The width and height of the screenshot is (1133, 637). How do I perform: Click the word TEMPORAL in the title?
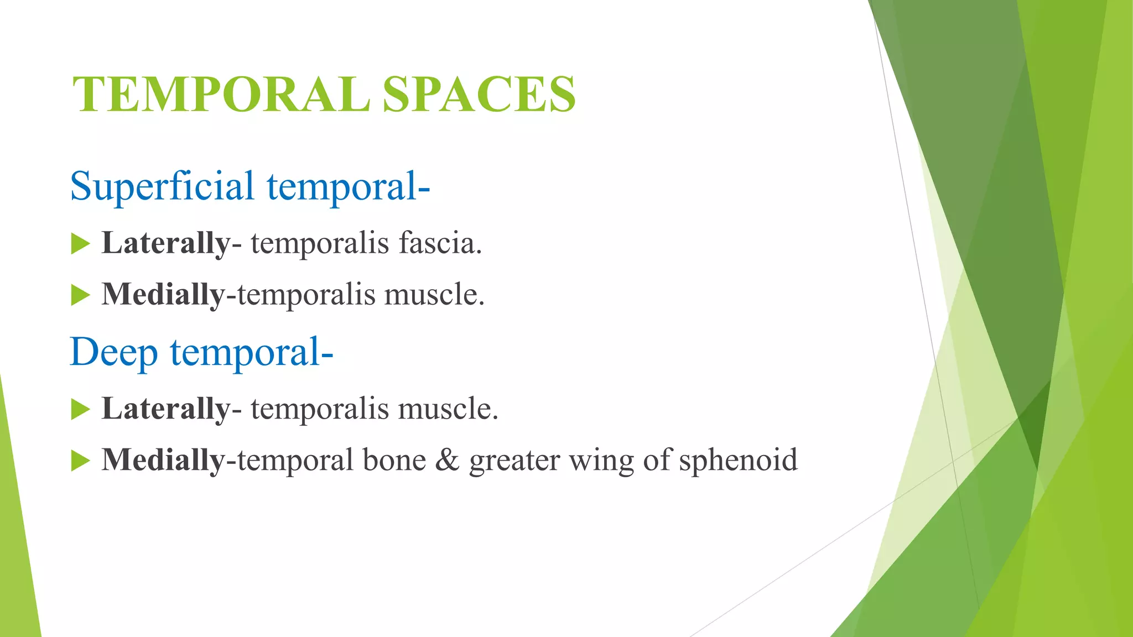(221, 95)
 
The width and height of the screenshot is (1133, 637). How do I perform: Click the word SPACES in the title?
(479, 95)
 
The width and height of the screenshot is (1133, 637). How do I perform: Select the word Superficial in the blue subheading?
(162, 186)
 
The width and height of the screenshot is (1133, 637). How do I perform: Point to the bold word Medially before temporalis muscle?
(163, 294)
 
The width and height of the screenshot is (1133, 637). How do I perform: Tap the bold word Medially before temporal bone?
(163, 460)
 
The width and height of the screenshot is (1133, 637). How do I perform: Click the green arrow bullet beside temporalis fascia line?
(80, 244)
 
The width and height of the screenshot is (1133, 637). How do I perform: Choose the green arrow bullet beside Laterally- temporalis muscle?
(80, 410)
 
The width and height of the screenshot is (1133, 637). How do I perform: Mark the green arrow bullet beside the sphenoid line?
(80, 461)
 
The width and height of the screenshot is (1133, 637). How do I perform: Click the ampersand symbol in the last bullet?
(447, 460)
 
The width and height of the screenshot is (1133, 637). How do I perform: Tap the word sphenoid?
(738, 460)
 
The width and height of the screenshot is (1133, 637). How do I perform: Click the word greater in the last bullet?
(514, 461)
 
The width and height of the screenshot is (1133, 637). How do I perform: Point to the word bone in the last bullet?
(394, 460)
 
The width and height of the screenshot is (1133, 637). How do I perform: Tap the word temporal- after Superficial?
(349, 186)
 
